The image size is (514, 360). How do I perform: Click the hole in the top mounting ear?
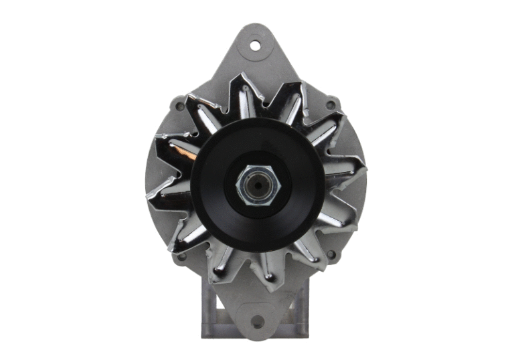255,46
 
